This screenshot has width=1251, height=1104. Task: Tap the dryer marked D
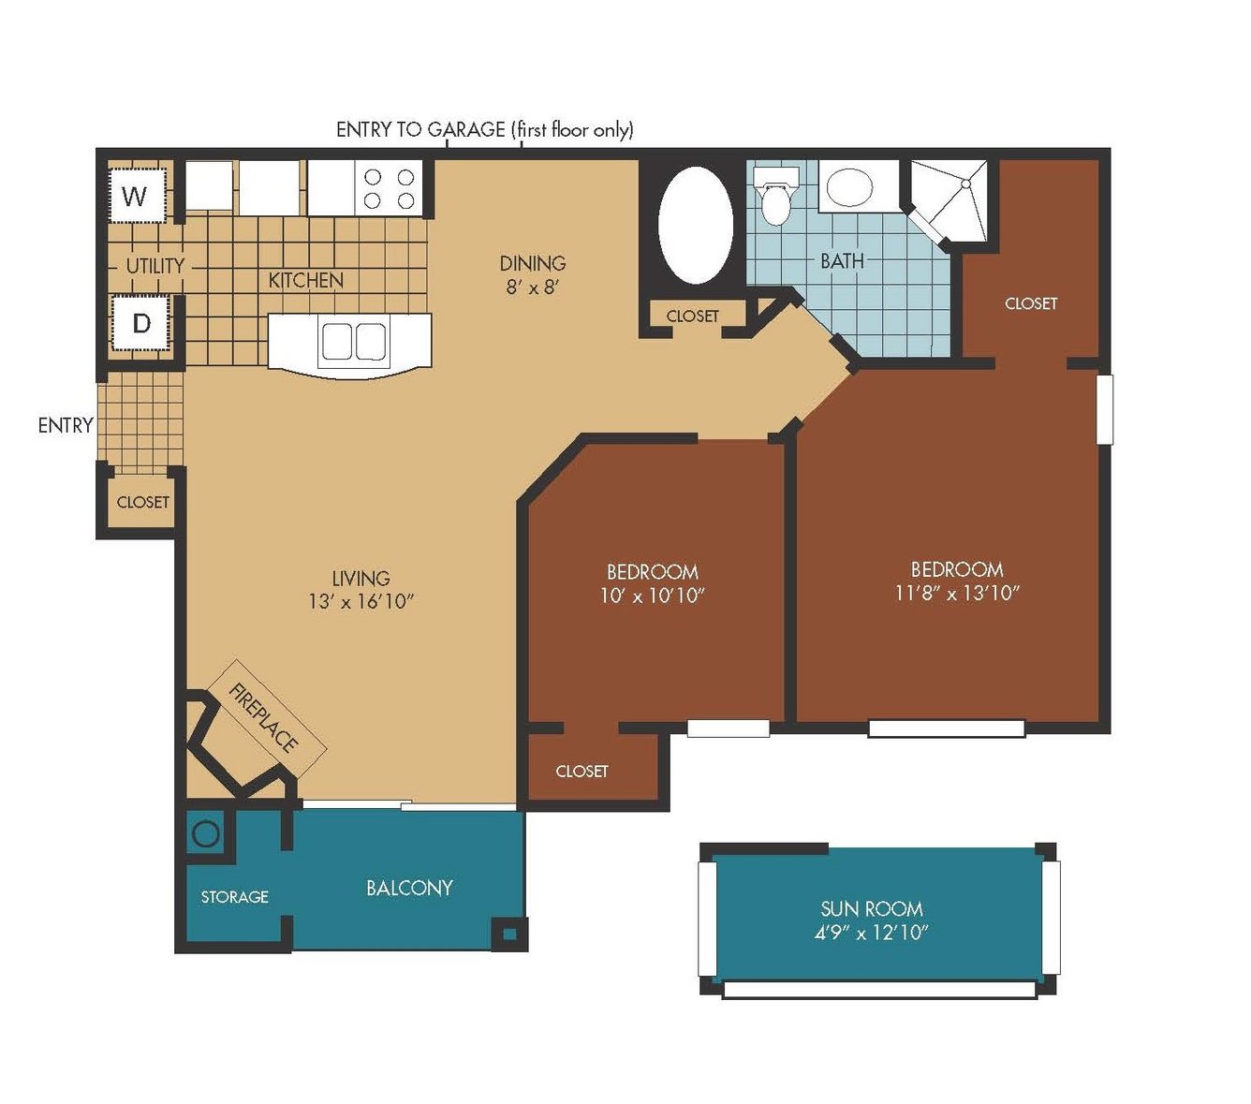click(x=140, y=322)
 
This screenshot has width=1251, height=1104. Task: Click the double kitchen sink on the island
click(x=354, y=341)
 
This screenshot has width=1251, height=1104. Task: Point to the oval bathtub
click(x=696, y=226)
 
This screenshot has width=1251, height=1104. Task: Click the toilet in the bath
click(x=775, y=197)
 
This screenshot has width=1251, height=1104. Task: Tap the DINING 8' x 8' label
click(x=532, y=274)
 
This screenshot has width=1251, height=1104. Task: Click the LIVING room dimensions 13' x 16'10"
click(x=361, y=601)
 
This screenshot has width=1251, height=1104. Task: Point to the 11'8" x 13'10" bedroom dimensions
click(x=956, y=593)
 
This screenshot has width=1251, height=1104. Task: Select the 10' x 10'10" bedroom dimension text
click(x=653, y=596)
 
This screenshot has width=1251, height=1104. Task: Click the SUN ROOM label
click(x=871, y=909)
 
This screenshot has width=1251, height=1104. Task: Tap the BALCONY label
click(x=409, y=888)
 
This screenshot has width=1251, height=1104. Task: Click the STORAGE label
click(x=235, y=896)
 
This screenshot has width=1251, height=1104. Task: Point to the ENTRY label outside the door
click(x=66, y=425)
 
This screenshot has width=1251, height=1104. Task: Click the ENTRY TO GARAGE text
click(x=420, y=129)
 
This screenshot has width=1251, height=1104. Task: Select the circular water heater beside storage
click(x=206, y=834)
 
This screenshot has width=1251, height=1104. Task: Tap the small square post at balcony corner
click(x=508, y=934)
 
